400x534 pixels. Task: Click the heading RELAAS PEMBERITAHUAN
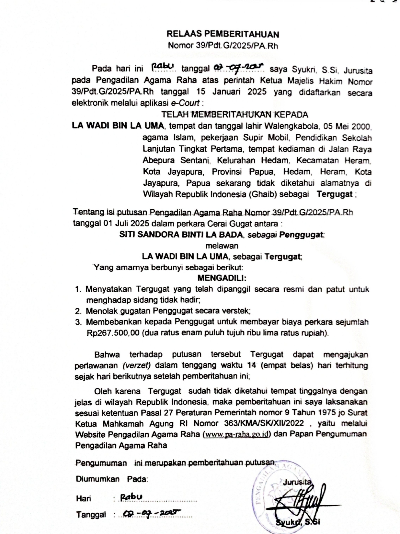tap(223, 34)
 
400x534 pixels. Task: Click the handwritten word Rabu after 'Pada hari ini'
tap(163, 67)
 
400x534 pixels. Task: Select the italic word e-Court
tap(185, 103)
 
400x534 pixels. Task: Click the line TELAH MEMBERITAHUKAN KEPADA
tap(235, 114)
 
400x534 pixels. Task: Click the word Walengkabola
tap(292, 126)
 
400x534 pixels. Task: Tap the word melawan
tap(222, 245)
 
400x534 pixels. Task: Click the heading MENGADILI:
tap(222, 278)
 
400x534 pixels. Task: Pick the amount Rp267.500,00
tap(113, 333)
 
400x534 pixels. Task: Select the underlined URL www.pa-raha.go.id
tap(236, 434)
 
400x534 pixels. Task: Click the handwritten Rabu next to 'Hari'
tap(131, 497)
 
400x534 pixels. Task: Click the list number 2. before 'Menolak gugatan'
tap(78, 311)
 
